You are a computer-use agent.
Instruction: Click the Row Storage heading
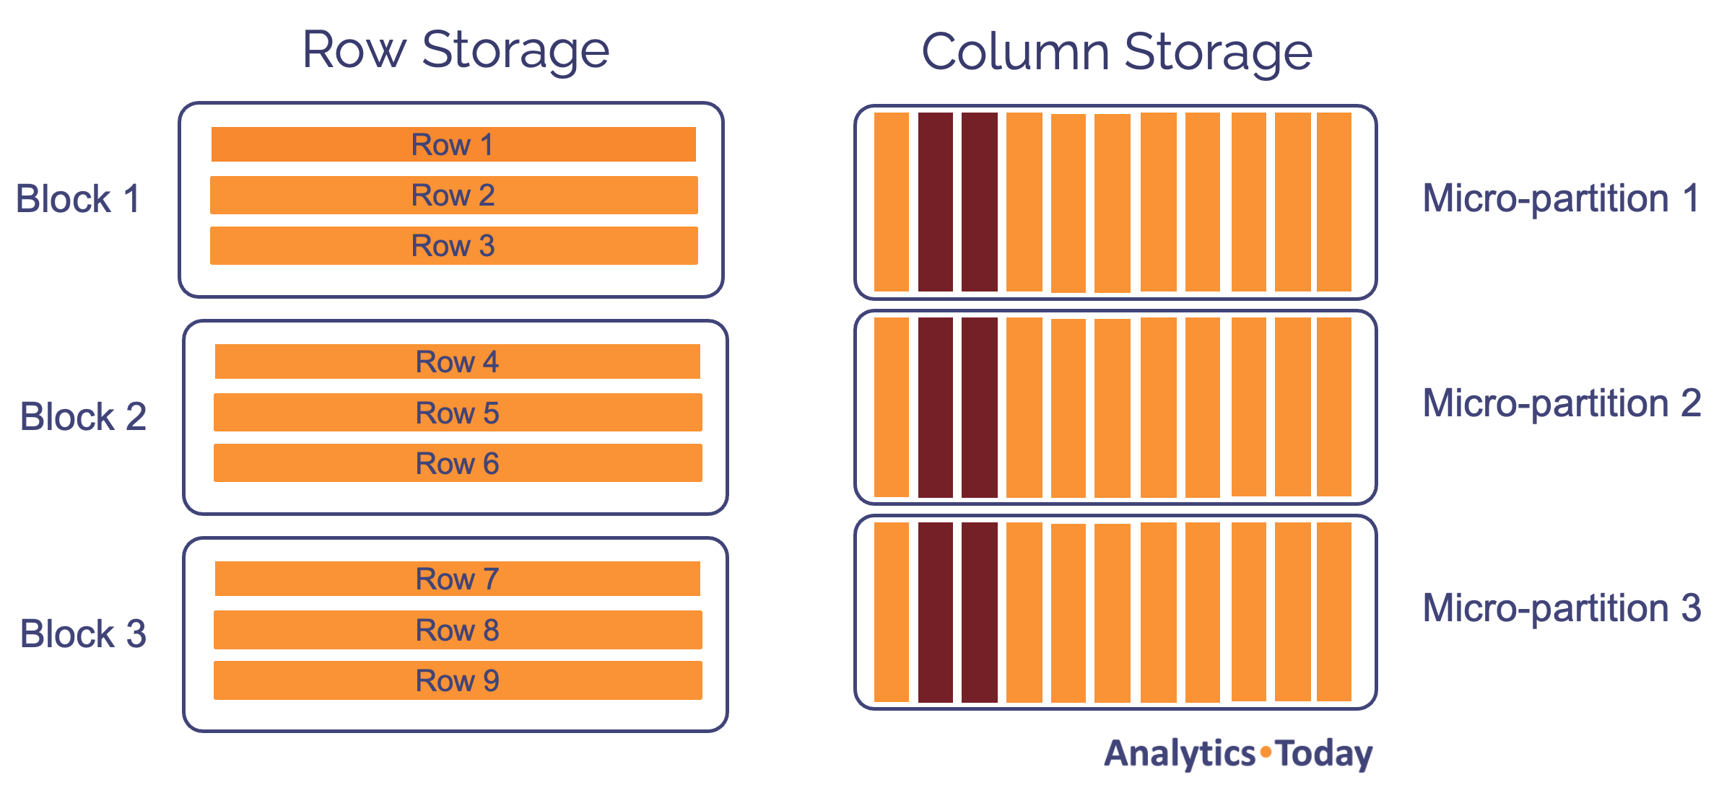coord(456,51)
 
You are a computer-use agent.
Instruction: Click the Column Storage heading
coord(1116,53)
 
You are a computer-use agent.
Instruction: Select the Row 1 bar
coord(453,144)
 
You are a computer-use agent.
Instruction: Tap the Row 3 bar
coord(453,246)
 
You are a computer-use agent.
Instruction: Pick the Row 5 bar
coord(458,413)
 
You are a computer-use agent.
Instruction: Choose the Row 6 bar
coord(458,463)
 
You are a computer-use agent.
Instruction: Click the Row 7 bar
coord(458,579)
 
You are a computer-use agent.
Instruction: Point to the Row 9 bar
coord(458,680)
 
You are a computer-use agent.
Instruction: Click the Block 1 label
coord(78,199)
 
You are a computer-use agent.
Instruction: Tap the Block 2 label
coord(83,417)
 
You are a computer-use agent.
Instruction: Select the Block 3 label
coord(83,634)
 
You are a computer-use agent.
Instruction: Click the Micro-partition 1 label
coord(1561,198)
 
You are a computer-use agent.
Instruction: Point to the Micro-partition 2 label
coord(1562,403)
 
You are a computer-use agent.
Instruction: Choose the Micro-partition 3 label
coord(1562,608)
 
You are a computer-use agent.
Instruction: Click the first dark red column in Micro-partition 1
coord(935,202)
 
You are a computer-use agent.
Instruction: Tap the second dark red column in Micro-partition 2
coord(980,408)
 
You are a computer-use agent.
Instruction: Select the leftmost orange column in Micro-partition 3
coord(891,612)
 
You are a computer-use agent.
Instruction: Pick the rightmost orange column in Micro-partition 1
coord(1334,202)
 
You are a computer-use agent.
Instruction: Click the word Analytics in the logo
coord(1180,754)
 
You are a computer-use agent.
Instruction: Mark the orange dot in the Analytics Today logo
coord(1266,753)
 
